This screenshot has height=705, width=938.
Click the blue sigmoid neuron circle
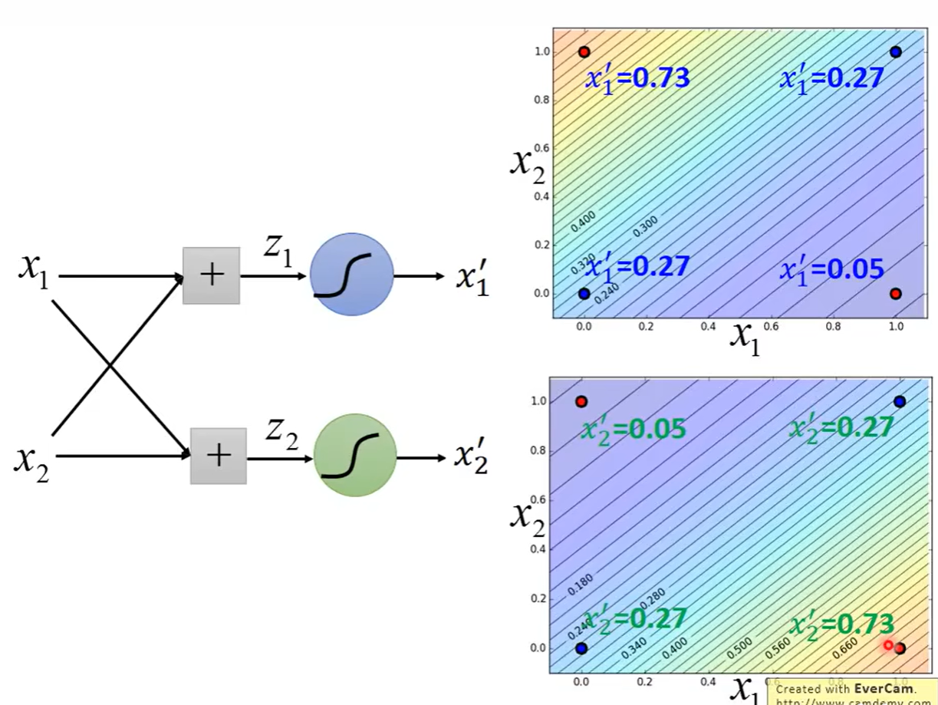[351, 274]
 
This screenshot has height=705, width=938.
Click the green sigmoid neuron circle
[355, 455]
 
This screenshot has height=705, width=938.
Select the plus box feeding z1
[211, 275]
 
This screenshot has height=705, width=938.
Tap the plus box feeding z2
[219, 456]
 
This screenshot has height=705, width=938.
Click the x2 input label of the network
[32, 462]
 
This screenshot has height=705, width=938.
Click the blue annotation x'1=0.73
[637, 77]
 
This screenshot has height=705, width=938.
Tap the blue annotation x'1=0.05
[832, 270]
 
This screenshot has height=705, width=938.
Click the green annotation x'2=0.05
[633, 429]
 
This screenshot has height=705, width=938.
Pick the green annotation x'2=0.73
[842, 624]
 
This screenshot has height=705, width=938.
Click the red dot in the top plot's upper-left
[584, 52]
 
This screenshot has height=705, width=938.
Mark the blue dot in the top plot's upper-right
[895, 52]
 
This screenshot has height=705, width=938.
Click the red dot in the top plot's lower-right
[895, 293]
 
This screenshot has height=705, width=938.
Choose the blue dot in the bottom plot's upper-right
[900, 401]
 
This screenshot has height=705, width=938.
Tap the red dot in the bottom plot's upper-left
[581, 401]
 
